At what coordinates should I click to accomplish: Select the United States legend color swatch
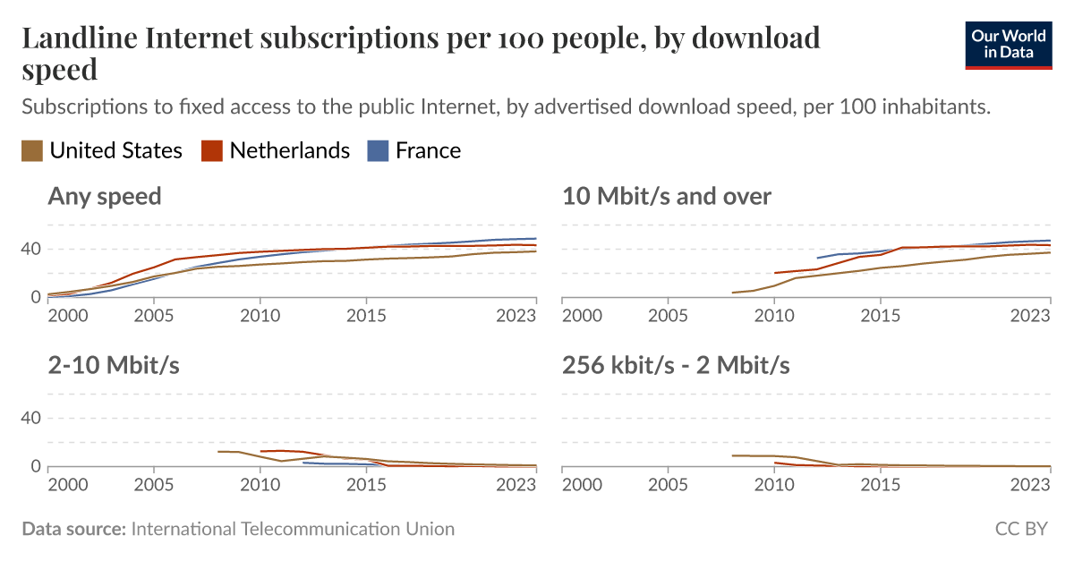tap(32, 151)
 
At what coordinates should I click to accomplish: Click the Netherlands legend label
tap(289, 150)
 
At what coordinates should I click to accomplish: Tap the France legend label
tap(428, 150)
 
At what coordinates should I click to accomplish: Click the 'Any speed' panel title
tap(105, 196)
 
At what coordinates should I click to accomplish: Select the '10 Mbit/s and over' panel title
tap(666, 196)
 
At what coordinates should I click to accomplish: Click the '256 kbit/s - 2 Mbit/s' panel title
tap(676, 365)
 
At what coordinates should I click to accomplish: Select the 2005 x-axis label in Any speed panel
tap(154, 316)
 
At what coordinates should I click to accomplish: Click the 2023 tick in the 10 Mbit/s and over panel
tap(1030, 316)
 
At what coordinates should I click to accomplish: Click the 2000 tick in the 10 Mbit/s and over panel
tap(581, 316)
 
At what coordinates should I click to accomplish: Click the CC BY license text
tap(1021, 529)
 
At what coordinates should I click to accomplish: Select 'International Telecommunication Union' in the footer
tap(293, 529)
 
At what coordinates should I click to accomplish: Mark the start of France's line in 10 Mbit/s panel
tap(817, 258)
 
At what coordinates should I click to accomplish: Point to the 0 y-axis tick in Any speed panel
tap(37, 297)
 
